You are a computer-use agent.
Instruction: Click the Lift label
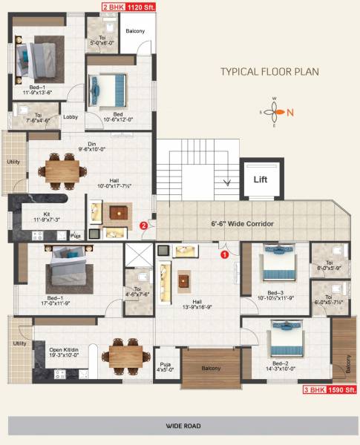point(261,179)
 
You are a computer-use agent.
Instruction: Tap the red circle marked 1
point(224,254)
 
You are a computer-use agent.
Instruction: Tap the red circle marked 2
point(144,225)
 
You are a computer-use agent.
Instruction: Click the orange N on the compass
point(290,113)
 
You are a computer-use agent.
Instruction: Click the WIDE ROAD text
point(180,427)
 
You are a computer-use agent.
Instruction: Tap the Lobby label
point(71,117)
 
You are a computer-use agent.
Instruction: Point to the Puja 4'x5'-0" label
point(167,366)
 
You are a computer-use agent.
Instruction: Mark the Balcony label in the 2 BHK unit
point(134,31)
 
